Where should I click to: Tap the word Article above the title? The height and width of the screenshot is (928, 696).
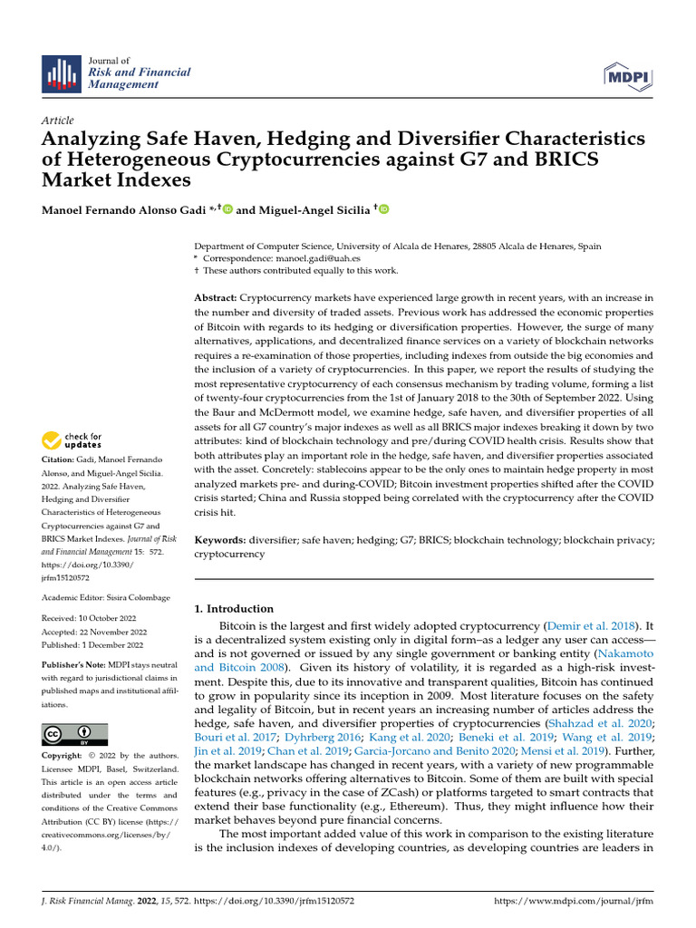click(x=58, y=121)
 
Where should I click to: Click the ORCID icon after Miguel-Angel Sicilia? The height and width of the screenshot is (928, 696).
click(x=383, y=209)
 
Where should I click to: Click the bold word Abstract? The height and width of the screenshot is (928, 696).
click(x=216, y=298)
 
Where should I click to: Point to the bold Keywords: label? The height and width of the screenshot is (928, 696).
click(x=221, y=539)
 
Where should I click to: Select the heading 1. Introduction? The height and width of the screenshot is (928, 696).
click(x=235, y=608)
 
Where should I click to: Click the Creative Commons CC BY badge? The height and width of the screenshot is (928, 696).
click(x=75, y=733)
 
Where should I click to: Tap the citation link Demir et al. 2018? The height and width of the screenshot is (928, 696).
click(x=591, y=626)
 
